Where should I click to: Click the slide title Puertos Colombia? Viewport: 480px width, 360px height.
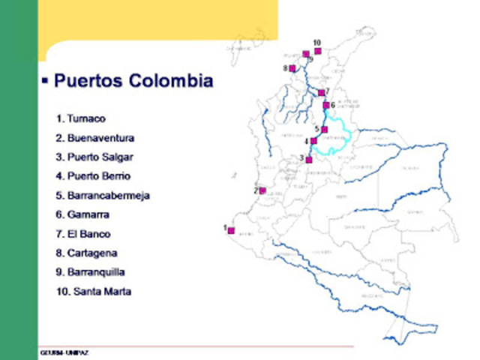coord(133,81)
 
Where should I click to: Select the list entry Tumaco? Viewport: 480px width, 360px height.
coord(81,118)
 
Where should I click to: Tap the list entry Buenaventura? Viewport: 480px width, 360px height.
coord(95,138)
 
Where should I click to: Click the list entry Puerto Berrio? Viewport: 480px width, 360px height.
coord(93,176)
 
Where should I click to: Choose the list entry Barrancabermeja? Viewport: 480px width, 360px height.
coord(103,196)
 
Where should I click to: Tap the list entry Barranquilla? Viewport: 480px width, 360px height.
coord(90,272)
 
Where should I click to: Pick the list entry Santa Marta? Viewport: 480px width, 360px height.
coord(93,292)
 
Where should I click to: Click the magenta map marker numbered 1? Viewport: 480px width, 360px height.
coord(232,230)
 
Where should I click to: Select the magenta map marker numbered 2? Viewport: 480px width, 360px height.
coord(262,190)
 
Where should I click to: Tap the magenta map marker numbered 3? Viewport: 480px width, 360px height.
coord(308,159)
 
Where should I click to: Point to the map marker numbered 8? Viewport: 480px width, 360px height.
coord(292,68)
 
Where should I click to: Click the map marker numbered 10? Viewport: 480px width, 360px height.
coord(318,51)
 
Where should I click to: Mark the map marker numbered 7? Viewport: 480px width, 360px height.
coord(321,93)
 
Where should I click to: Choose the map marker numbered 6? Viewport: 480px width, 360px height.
coord(326,105)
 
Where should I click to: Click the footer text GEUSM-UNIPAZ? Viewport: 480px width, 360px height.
coord(65,352)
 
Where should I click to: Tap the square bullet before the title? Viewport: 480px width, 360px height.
coord(45,79)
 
